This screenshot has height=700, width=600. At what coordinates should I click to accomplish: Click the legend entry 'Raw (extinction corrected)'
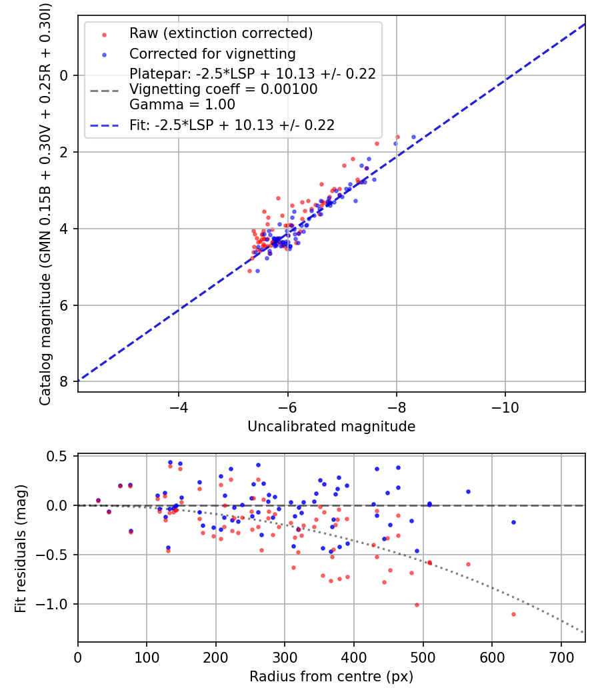pyautogui.click(x=221, y=33)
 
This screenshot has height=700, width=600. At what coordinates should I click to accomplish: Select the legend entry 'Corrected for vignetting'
pyautogui.click(x=212, y=53)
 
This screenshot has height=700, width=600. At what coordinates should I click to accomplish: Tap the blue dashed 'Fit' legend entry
pyautogui.click(x=232, y=125)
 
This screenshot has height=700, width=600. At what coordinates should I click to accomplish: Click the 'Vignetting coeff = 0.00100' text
pyautogui.click(x=223, y=89)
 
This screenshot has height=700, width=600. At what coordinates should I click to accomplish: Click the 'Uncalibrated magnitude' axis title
pyautogui.click(x=331, y=427)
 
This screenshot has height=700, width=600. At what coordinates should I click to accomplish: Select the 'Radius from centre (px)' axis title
pyautogui.click(x=331, y=677)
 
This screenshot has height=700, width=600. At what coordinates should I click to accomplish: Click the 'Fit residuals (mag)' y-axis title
pyautogui.click(x=21, y=548)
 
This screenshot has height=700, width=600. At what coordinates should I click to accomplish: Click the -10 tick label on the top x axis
pyautogui.click(x=505, y=406)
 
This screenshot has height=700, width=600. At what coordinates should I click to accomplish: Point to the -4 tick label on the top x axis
pyautogui.click(x=178, y=406)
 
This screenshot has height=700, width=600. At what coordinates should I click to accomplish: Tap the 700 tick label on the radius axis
pyautogui.click(x=561, y=656)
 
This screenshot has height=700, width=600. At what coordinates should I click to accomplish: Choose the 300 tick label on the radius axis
pyautogui.click(x=285, y=656)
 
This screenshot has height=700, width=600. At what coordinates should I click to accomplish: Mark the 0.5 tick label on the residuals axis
pyautogui.click(x=59, y=456)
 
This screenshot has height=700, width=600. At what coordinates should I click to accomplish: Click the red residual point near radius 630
pyautogui.click(x=513, y=614)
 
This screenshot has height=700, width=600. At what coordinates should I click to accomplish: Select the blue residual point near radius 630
pyautogui.click(x=513, y=522)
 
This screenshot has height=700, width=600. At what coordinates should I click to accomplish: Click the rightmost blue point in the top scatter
pyautogui.click(x=413, y=137)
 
